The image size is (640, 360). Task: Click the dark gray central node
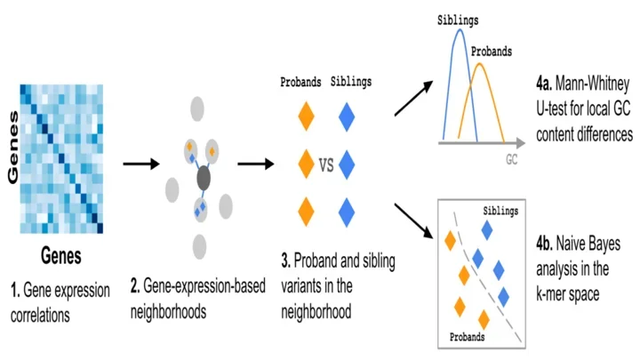pyautogui.click(x=204, y=179)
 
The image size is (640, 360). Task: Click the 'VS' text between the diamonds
pyautogui.click(x=326, y=164)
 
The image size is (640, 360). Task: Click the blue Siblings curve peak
pyautogui.click(x=460, y=32)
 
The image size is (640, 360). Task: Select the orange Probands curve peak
pyautogui.click(x=488, y=70)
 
